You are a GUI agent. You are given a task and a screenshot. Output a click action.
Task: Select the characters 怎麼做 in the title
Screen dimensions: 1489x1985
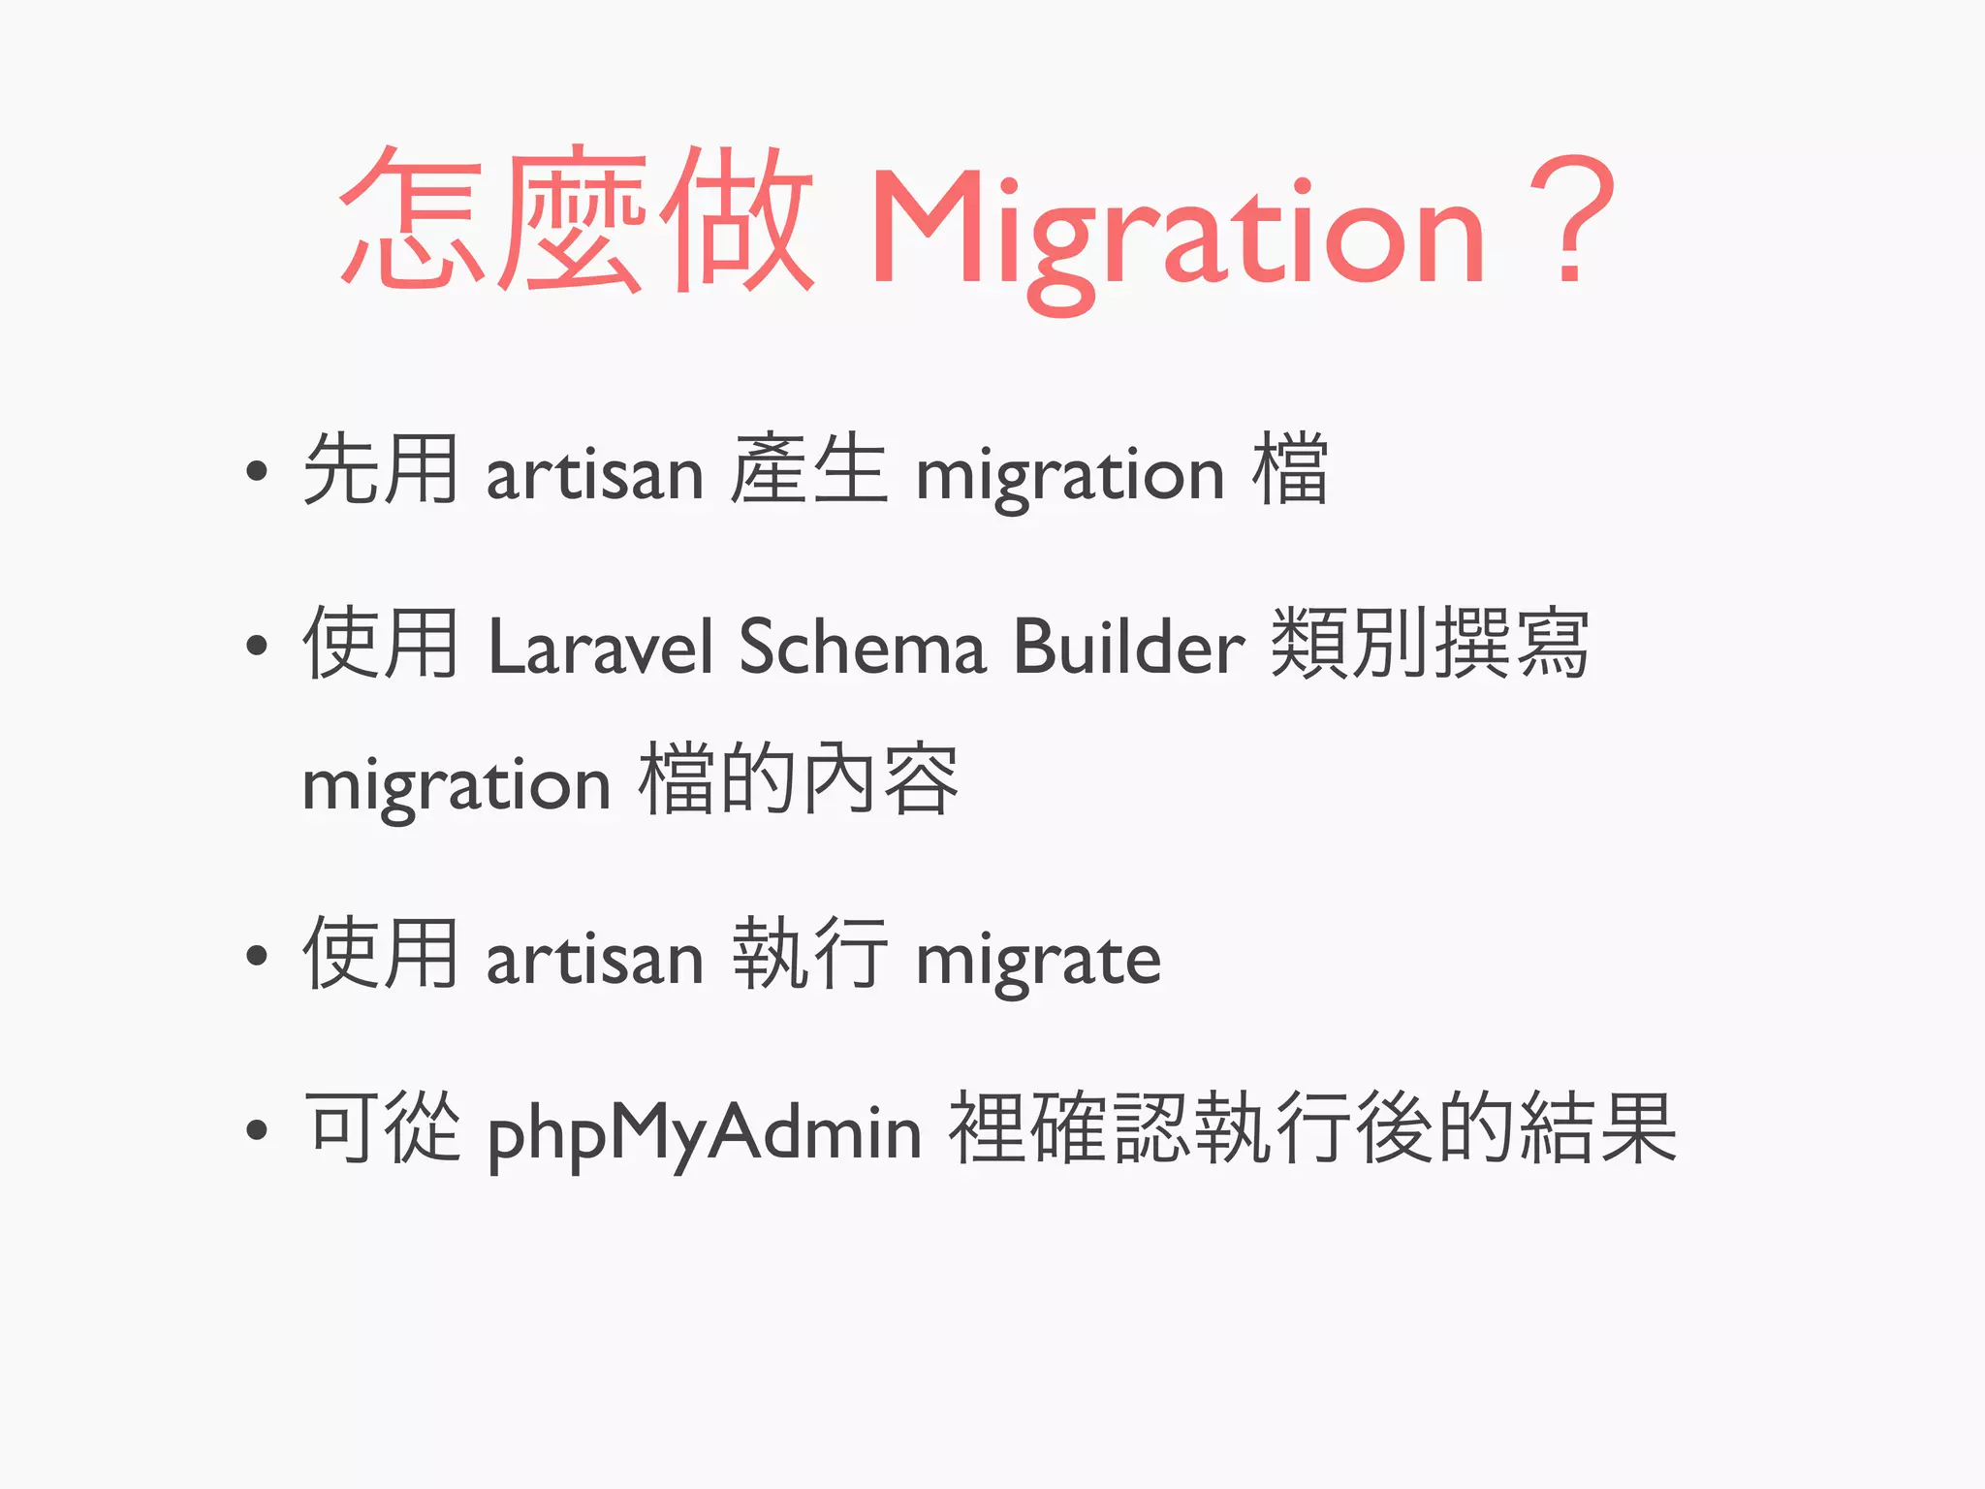pyautogui.click(x=576, y=221)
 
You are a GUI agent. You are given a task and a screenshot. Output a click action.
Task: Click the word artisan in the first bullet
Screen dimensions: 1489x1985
pyautogui.click(x=594, y=474)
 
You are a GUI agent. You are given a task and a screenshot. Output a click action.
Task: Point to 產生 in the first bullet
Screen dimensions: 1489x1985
pyautogui.click(x=808, y=470)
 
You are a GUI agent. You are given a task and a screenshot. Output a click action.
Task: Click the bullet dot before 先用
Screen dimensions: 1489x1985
pyautogui.click(x=256, y=472)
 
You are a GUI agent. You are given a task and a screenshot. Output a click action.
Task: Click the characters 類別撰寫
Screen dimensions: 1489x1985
pyautogui.click(x=1429, y=644)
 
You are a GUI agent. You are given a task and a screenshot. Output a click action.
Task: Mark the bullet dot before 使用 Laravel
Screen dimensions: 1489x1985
pyautogui.click(x=256, y=645)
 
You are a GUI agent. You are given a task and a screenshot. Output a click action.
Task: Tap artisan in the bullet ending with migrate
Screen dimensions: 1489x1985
pyautogui.click(x=594, y=959)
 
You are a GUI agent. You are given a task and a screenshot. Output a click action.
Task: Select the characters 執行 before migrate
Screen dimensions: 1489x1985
pyautogui.click(x=808, y=955)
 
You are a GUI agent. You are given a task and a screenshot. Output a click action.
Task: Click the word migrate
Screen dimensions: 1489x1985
pyautogui.click(x=1038, y=961)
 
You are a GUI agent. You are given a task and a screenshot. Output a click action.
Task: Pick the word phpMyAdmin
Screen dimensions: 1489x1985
pyautogui.click(x=704, y=1132)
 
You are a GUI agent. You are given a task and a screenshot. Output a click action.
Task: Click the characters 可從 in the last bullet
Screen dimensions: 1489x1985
pyautogui.click(x=382, y=1127)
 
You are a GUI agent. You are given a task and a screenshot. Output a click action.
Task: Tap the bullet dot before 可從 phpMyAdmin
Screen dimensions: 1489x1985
pyautogui.click(x=256, y=1129)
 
